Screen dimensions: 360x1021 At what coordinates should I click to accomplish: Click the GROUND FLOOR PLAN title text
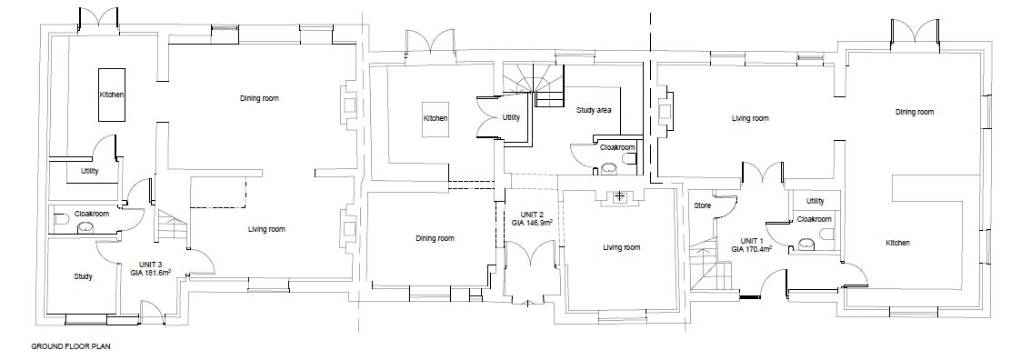pos(71,346)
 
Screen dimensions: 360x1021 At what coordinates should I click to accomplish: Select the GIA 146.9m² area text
pos(532,222)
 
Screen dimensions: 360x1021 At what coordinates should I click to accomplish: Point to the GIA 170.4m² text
pos(751,248)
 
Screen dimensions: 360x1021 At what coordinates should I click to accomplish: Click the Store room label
pos(702,205)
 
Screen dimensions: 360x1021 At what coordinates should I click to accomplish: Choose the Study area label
pos(594,110)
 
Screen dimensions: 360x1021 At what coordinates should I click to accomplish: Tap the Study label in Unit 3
pos(83,276)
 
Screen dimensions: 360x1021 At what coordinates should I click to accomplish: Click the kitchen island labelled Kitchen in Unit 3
pos(112,95)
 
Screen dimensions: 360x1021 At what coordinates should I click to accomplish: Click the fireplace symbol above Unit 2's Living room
pos(621,195)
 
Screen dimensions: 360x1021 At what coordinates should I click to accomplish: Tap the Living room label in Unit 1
pos(750,118)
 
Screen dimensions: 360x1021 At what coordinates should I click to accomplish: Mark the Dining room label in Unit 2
pos(435,238)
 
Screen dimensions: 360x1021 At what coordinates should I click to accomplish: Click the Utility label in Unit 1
pos(815,201)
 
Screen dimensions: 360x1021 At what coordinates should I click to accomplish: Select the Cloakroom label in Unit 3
pos(92,214)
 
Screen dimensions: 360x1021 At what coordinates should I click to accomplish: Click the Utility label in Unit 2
pos(511,118)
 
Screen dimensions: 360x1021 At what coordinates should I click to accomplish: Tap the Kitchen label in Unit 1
pos(897,243)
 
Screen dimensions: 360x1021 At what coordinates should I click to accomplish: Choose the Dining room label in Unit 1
pos(915,112)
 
